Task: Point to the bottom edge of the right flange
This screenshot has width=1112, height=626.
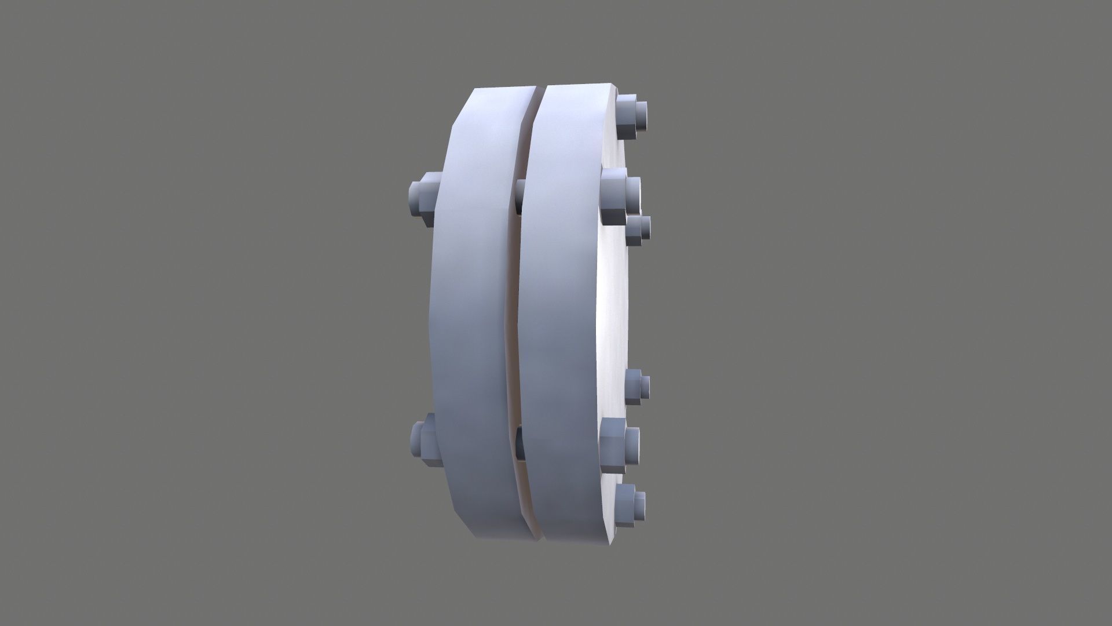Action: pos(579,542)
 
